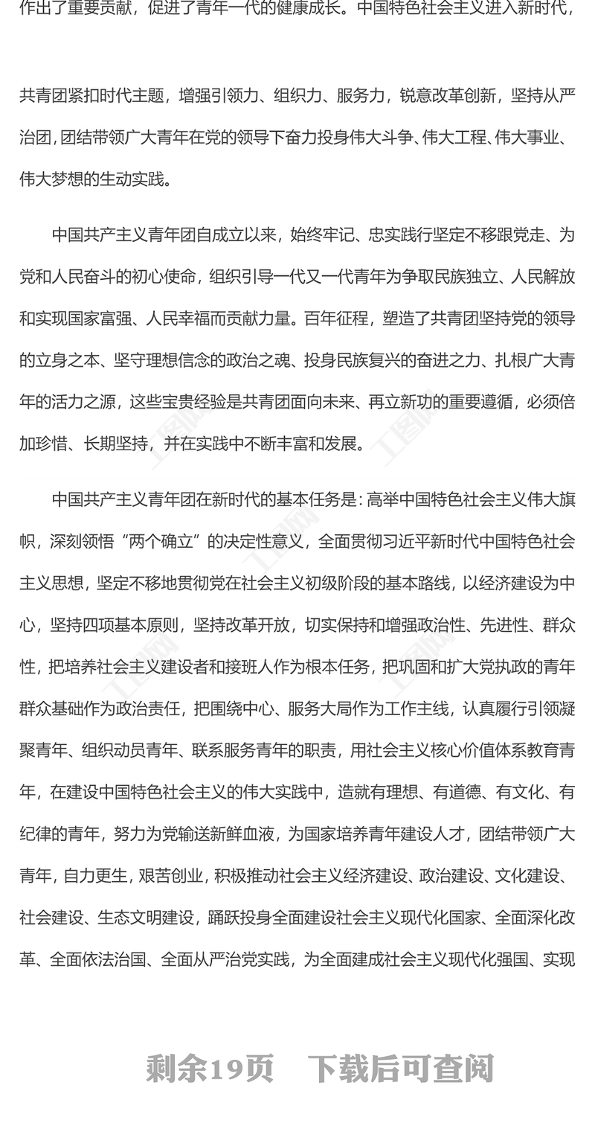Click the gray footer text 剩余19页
(x=210, y=1069)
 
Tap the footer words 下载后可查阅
(x=402, y=1069)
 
